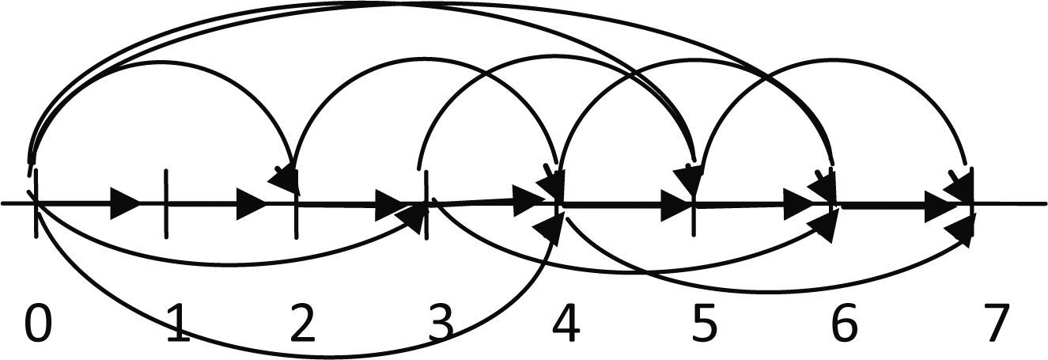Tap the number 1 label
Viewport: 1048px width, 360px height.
tap(179, 324)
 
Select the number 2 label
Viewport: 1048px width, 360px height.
tap(301, 324)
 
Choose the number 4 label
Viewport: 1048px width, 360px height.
tap(567, 324)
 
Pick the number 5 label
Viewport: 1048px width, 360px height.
tap(702, 324)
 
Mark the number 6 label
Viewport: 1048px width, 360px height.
tap(842, 324)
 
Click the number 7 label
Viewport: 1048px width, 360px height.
tap(995, 324)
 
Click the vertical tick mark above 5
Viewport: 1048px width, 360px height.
tap(694, 222)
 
